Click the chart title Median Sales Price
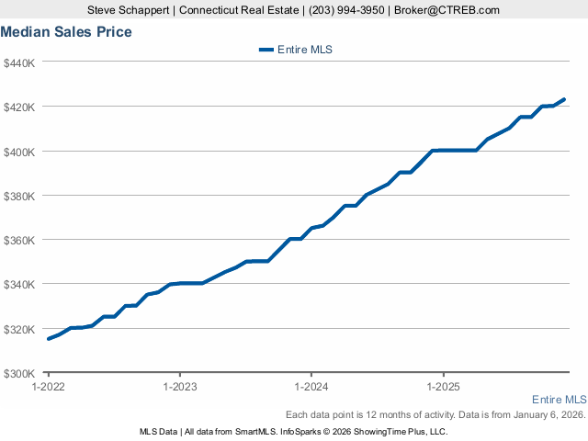66,32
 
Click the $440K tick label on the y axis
19,62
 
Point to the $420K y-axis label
19,107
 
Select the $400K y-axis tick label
19,151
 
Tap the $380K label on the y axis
19,196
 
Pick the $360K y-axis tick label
19,240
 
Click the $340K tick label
19,284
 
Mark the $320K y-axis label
19,329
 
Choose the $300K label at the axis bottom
19,373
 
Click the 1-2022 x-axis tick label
48,387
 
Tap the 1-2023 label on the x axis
179,387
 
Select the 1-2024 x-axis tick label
311,387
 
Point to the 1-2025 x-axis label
444,387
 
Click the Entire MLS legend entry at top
295,51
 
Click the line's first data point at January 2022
49,339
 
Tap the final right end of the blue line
564,99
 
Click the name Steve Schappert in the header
129,10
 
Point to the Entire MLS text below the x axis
559,400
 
